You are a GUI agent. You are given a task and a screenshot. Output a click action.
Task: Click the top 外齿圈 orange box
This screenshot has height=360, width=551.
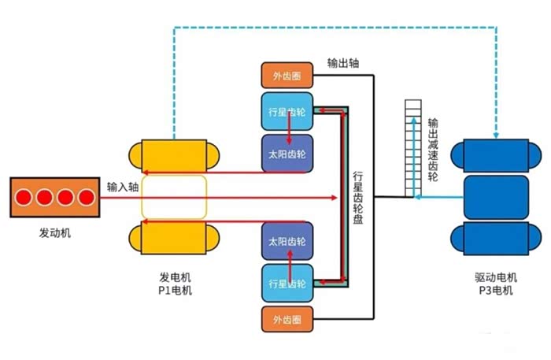pyautogui.click(x=287, y=76)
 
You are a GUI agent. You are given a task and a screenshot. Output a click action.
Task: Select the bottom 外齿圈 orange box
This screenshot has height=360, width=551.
pyautogui.click(x=287, y=320)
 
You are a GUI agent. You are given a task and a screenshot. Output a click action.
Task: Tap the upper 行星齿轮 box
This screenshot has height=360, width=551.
pyautogui.click(x=287, y=109)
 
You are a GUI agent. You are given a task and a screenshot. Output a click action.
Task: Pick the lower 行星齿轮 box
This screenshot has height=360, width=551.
pyautogui.click(x=287, y=283)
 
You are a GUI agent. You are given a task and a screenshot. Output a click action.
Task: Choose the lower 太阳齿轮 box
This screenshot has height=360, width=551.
pyautogui.click(x=287, y=241)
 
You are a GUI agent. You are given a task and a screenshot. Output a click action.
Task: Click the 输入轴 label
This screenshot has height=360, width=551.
pyautogui.click(x=123, y=187)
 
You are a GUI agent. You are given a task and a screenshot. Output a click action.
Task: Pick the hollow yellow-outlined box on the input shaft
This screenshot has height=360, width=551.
pyautogui.click(x=174, y=197)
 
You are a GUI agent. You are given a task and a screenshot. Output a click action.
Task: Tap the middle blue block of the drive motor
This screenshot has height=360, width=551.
pyautogui.click(x=497, y=198)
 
